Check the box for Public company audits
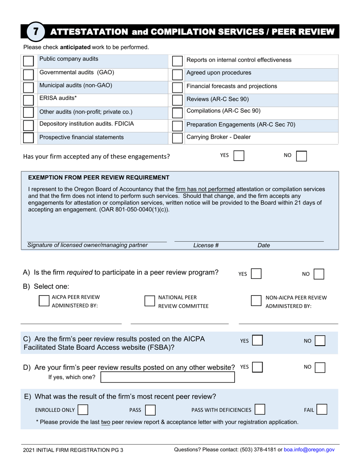click(28, 61)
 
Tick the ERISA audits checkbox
click(28, 100)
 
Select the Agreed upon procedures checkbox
click(177, 74)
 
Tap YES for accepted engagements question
click(239, 156)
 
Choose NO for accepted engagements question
click(301, 156)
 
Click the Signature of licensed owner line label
click(88, 245)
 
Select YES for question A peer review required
click(256, 274)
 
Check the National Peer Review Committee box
click(150, 301)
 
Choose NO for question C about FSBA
click(320, 341)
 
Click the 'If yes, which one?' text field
click(167, 377)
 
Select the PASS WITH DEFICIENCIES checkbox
click(260, 410)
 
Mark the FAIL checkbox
click(322, 410)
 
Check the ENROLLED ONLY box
click(83, 410)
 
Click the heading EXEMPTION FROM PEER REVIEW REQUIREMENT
click(99, 177)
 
